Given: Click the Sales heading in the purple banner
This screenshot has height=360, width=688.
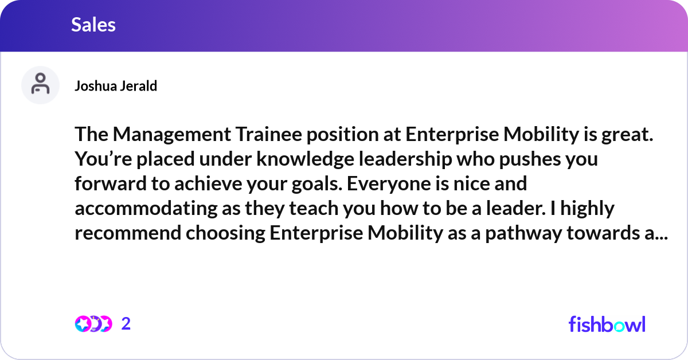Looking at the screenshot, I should pyautogui.click(x=93, y=25).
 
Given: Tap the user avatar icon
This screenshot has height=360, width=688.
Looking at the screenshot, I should pyautogui.click(x=40, y=85).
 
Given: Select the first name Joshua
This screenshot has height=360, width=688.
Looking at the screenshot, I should pyautogui.click(x=93, y=86).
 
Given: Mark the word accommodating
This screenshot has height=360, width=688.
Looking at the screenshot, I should pyautogui.click(x=146, y=209).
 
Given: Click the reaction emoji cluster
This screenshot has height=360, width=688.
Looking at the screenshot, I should pyautogui.click(x=93, y=324).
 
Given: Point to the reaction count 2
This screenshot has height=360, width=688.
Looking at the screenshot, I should pyautogui.click(x=126, y=324).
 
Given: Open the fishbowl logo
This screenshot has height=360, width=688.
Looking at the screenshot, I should pyautogui.click(x=607, y=324).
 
